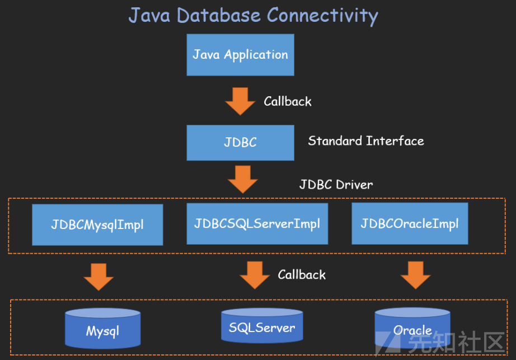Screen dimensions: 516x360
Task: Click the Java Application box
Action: click(x=240, y=55)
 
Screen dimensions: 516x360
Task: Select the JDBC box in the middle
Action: click(x=240, y=142)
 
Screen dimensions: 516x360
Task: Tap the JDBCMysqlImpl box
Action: click(x=97, y=225)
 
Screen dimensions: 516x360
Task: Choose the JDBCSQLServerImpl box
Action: click(x=257, y=224)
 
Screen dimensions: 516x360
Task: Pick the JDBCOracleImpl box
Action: click(x=410, y=223)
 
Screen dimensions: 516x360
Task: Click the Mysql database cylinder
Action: click(x=102, y=329)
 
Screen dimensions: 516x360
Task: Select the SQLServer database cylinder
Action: click(x=262, y=326)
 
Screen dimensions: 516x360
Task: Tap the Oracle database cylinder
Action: click(x=412, y=328)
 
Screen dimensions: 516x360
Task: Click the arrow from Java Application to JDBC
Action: click(x=240, y=101)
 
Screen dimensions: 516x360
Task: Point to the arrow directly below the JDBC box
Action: click(x=243, y=179)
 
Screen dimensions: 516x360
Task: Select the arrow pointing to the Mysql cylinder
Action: click(x=98, y=277)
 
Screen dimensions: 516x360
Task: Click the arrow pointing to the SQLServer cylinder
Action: click(x=255, y=275)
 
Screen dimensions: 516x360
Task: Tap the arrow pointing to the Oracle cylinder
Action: click(x=416, y=275)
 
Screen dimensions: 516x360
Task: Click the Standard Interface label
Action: click(x=366, y=141)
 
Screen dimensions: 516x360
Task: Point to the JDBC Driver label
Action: click(x=336, y=185)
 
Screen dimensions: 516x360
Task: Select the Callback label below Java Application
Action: click(x=288, y=101)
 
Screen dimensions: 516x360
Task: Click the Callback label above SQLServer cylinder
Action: click(x=302, y=275)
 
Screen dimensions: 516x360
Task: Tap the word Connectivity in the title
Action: click(x=322, y=16)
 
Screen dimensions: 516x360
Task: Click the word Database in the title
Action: click(x=218, y=15)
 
